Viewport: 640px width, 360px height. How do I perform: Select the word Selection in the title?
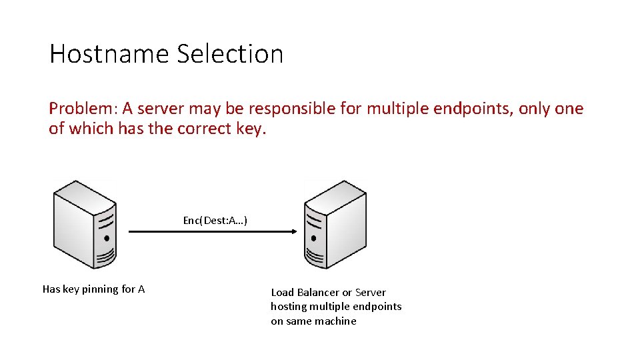coord(230,54)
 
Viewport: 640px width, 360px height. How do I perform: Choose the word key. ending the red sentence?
coord(251,129)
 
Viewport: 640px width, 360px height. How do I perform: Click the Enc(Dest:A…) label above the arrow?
coord(215,220)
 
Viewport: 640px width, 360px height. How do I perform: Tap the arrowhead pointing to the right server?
coord(292,232)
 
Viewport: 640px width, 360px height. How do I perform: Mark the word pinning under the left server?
coord(100,289)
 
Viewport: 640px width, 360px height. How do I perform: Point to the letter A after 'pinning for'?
coord(141,289)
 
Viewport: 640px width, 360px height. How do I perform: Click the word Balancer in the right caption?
coord(318,292)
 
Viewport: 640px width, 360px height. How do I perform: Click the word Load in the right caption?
coord(282,292)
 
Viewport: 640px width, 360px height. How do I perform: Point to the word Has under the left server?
coord(51,289)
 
